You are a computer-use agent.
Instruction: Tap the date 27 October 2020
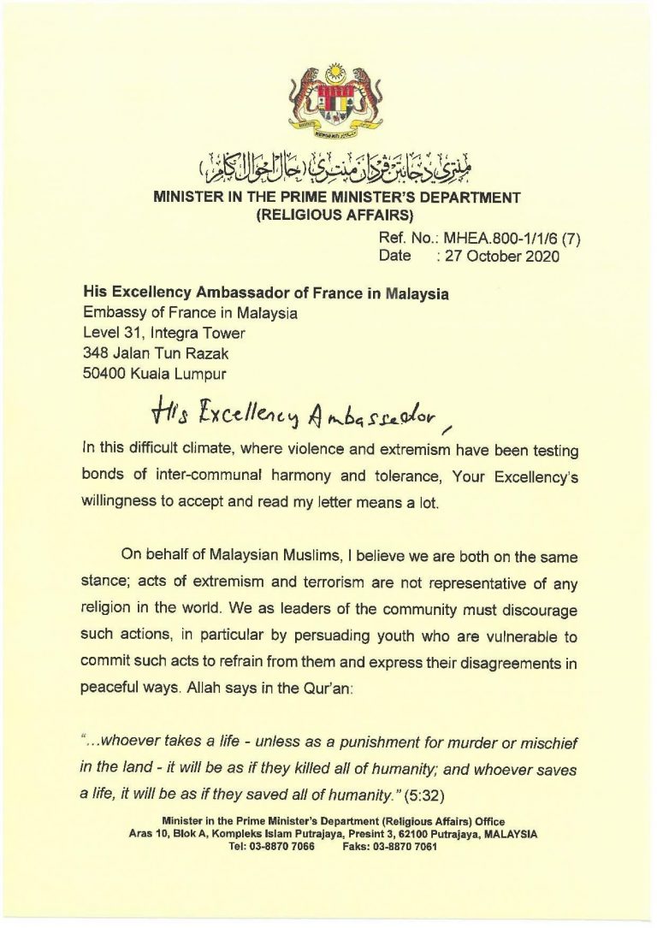coord(506,257)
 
